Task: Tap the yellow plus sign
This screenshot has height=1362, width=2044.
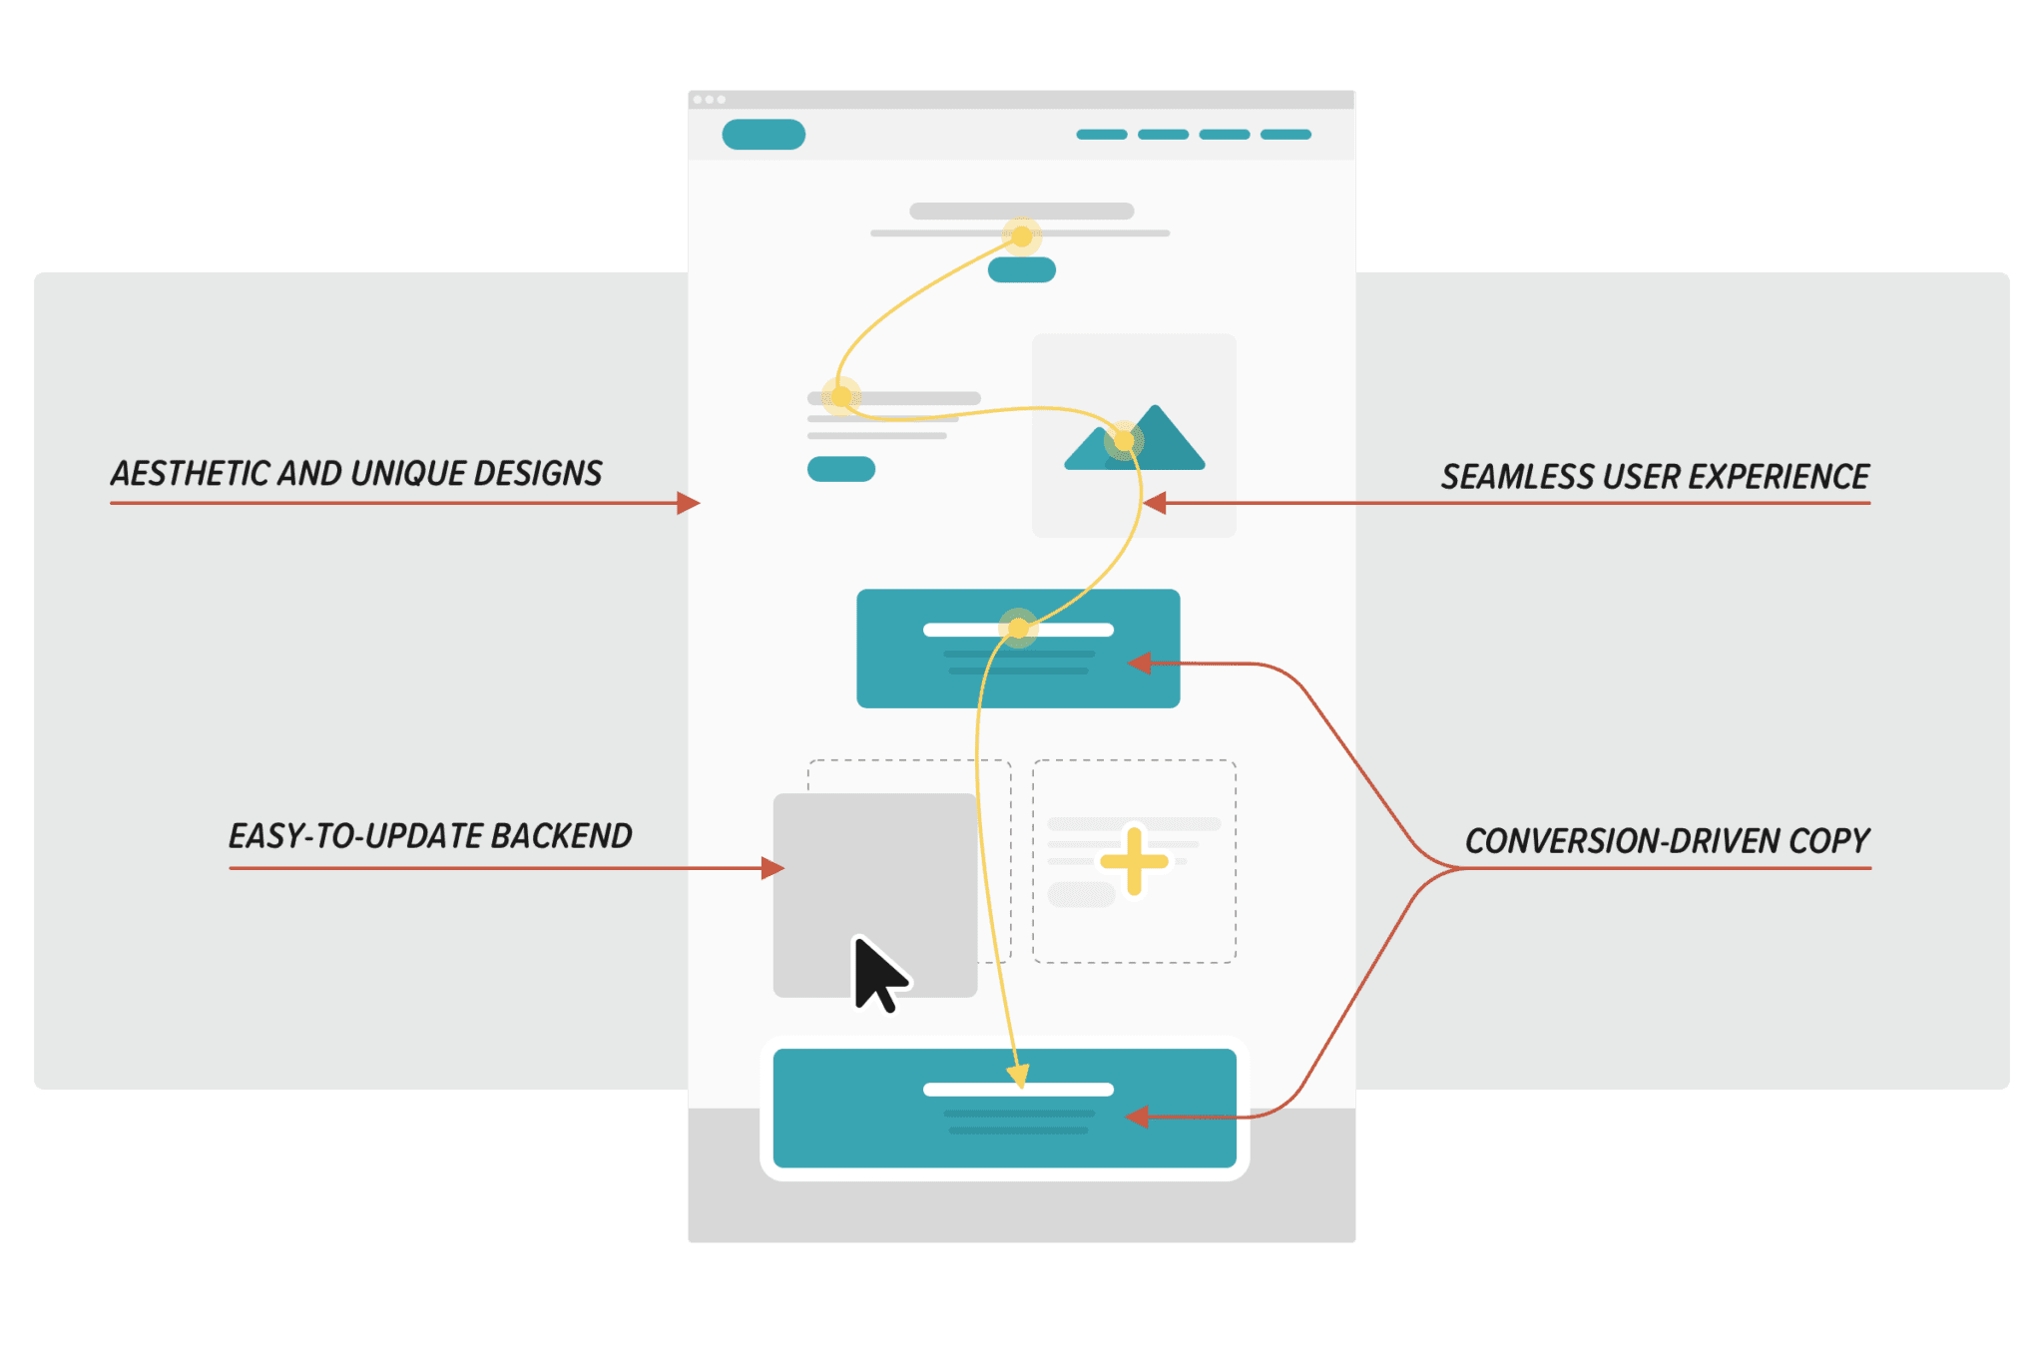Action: [1134, 860]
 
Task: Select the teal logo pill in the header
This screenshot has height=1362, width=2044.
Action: [764, 135]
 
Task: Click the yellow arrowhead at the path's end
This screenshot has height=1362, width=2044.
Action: [1017, 1076]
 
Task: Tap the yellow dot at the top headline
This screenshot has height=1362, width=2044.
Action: [1022, 236]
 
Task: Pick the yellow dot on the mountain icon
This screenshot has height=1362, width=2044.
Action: [1124, 440]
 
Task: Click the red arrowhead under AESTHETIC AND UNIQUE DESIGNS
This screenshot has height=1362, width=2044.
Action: [689, 503]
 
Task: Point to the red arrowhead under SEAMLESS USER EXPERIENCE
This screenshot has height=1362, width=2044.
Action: [1155, 503]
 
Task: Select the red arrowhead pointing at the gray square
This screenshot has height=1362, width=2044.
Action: [772, 868]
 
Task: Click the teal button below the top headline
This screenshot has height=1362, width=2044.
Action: [1022, 269]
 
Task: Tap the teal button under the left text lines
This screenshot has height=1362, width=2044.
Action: [841, 469]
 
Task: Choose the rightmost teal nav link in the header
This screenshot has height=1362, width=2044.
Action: [1285, 135]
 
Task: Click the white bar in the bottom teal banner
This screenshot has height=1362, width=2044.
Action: [1018, 1090]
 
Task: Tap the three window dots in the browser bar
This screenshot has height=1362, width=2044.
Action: [709, 100]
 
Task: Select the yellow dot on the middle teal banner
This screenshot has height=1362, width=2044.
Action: [1018, 629]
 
